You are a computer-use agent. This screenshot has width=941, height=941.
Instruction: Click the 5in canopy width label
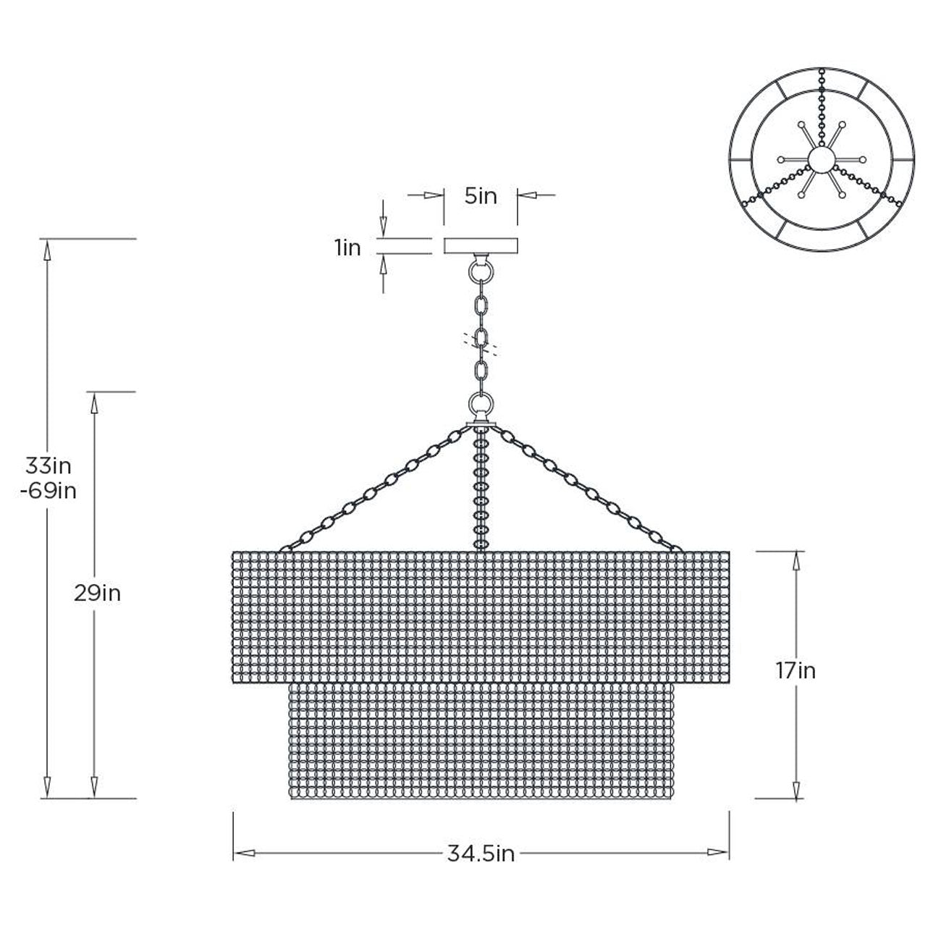point(481,196)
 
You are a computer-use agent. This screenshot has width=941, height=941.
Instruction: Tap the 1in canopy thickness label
point(347,248)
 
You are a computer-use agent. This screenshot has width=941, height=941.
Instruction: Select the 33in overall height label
point(48,466)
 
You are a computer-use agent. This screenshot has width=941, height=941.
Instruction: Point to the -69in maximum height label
point(48,491)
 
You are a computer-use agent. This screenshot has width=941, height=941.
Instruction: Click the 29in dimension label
point(97,594)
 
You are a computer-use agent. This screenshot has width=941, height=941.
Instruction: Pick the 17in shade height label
point(796,671)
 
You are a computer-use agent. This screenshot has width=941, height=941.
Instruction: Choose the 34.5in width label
point(481,854)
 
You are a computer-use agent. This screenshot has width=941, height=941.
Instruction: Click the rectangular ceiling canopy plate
point(481,245)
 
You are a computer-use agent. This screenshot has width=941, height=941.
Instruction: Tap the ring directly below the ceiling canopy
point(481,271)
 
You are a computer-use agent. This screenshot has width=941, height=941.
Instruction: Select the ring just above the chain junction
point(481,405)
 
